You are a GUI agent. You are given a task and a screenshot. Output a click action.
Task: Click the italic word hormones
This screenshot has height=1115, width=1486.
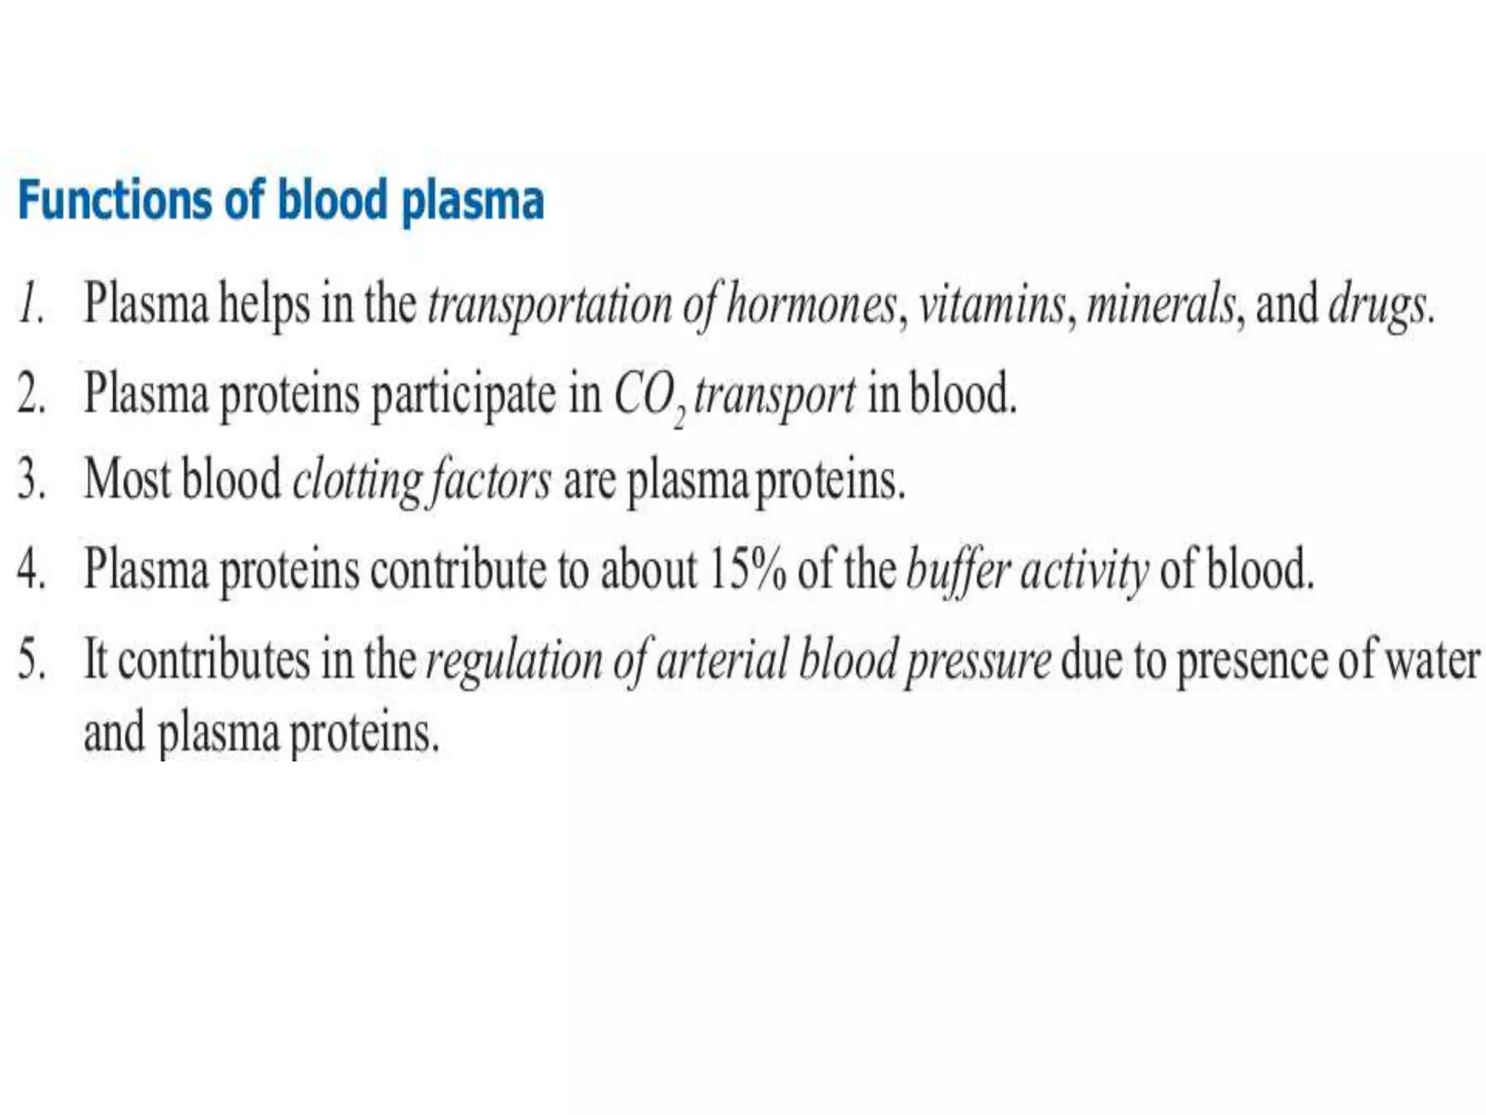click(x=811, y=306)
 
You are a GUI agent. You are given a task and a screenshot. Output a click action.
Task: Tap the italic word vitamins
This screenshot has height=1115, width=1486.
click(x=993, y=306)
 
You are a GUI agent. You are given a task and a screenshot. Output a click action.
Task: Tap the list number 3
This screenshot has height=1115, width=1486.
click(x=30, y=481)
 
